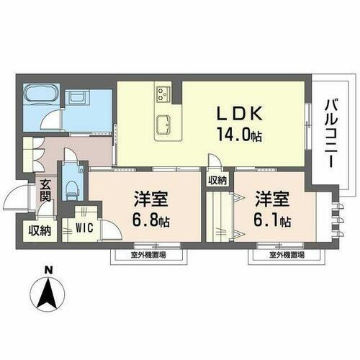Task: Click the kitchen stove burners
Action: [162, 93]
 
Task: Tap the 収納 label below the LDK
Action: [217, 180]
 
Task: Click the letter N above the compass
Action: [48, 271]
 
